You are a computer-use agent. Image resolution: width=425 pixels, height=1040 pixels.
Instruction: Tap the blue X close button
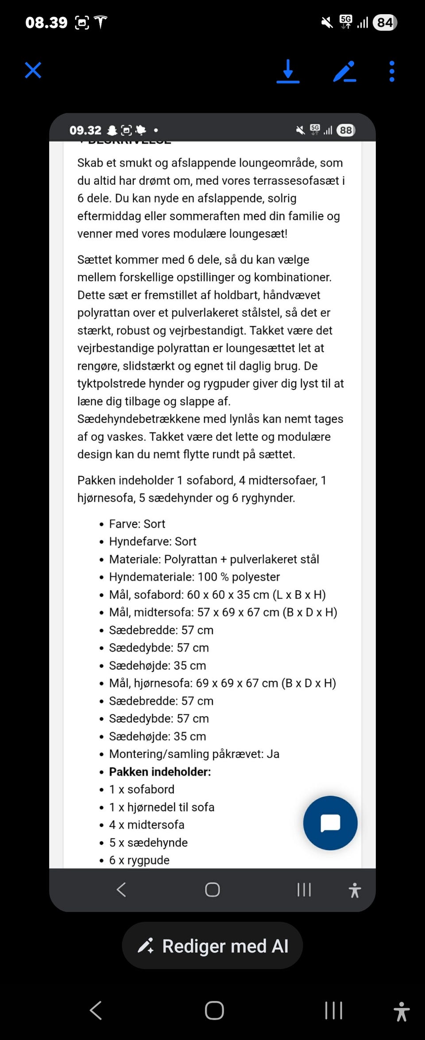(x=33, y=70)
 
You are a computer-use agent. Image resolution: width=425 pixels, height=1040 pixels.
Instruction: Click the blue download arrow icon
(x=288, y=71)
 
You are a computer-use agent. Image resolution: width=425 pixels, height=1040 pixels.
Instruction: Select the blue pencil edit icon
(x=344, y=71)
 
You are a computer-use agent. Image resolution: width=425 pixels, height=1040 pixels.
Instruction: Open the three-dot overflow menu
(x=392, y=71)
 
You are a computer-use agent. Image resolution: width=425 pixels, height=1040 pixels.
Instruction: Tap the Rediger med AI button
(x=212, y=946)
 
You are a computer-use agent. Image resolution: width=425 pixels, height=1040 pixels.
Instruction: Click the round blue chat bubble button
(x=330, y=823)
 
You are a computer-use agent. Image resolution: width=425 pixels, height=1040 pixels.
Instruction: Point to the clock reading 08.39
(x=46, y=22)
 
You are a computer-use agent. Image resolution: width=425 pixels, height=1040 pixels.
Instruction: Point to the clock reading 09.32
(x=85, y=130)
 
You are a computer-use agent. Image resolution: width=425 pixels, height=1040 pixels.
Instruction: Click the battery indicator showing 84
(x=385, y=22)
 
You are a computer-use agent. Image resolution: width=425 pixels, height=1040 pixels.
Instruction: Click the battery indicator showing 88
(x=346, y=130)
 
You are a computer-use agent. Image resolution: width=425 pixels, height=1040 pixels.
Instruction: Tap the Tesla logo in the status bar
(x=100, y=22)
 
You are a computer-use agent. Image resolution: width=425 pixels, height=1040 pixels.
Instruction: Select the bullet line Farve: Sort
(x=137, y=524)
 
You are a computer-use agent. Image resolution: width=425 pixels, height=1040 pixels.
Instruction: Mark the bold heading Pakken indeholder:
(x=160, y=772)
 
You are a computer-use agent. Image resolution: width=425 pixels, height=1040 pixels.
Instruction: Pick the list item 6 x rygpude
(x=139, y=860)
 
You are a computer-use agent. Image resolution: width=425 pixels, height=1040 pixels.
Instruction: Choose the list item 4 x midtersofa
(x=147, y=825)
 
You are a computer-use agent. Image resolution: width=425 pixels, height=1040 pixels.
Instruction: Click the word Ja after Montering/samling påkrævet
(x=273, y=754)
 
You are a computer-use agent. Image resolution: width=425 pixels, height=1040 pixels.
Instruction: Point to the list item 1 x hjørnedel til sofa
(x=162, y=807)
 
